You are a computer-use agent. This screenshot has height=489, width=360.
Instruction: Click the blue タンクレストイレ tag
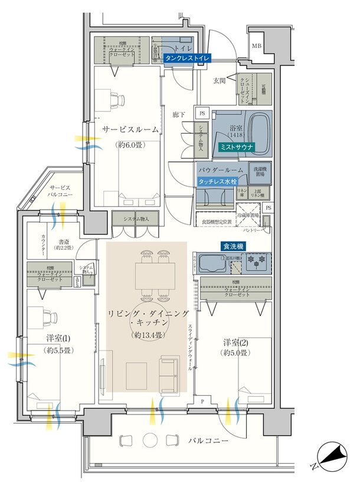point(186,59)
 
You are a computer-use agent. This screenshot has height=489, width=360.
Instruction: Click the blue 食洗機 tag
point(234,246)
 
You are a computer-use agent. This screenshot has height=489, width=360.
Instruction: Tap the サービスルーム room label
point(130,129)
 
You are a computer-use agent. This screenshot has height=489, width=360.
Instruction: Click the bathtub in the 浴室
point(257,128)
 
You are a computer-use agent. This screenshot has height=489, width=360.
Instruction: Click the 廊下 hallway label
point(179,113)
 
